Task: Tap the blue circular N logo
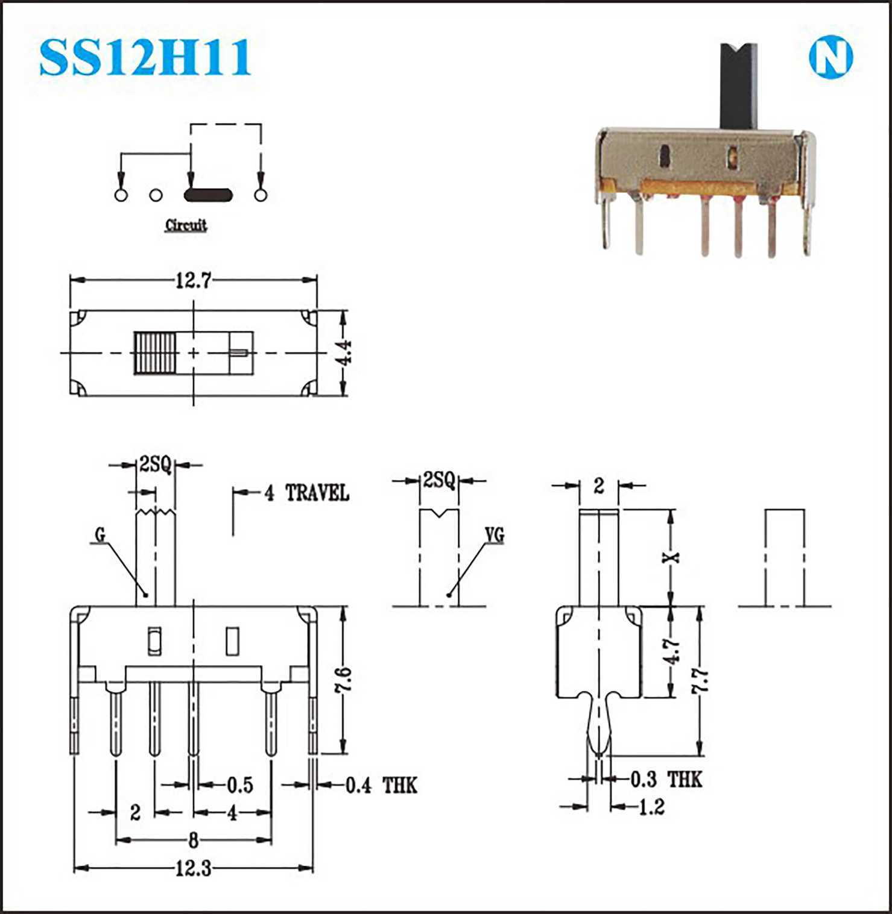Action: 830,58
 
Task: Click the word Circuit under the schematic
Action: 186,225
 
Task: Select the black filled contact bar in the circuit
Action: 208,195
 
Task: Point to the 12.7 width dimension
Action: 193,280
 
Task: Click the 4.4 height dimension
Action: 344,352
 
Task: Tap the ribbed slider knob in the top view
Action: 156,352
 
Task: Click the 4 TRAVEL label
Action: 307,493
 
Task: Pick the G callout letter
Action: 100,534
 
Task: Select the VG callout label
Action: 495,534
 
